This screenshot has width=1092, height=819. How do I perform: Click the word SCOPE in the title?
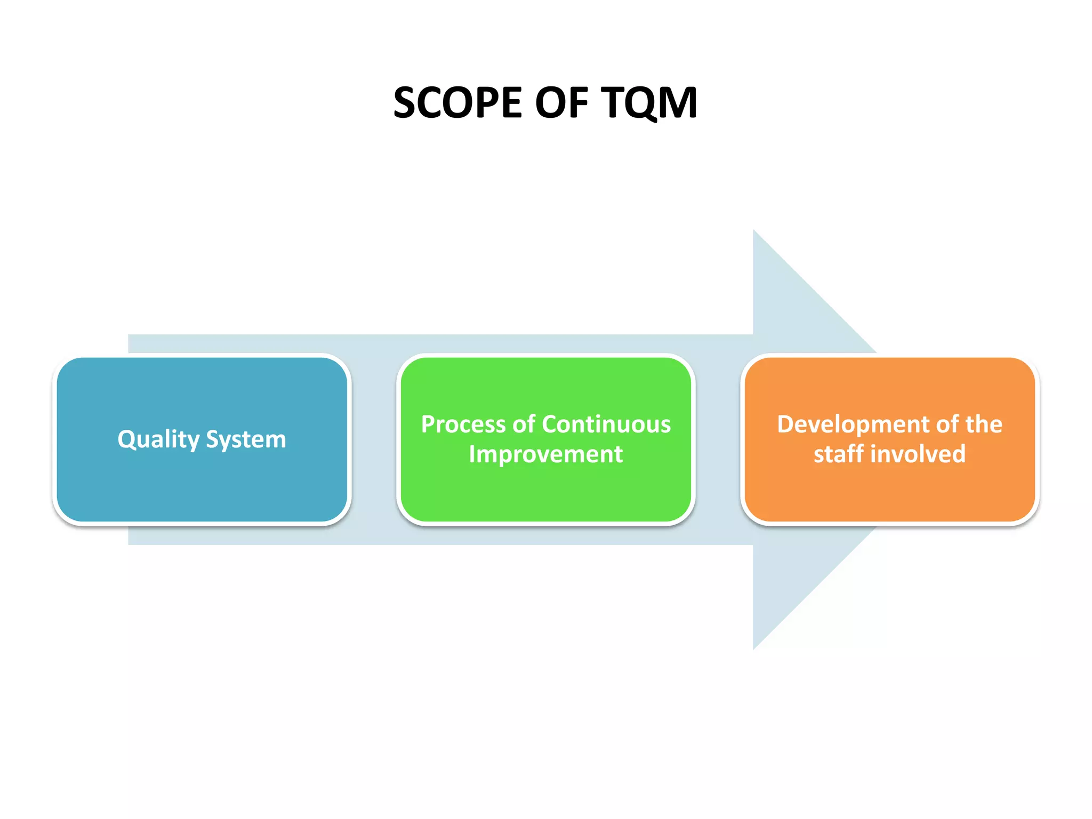coord(457,102)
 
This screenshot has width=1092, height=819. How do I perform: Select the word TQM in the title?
coord(649,102)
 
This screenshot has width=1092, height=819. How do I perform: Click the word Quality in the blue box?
coord(158,440)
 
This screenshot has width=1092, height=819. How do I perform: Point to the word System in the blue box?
coord(246,440)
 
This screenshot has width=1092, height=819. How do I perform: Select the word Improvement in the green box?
coord(545,454)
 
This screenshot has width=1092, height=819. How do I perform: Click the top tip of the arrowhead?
coord(754,231)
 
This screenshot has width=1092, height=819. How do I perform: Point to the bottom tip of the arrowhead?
coord(754,648)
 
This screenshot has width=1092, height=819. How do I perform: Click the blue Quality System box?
coord(202,480)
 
